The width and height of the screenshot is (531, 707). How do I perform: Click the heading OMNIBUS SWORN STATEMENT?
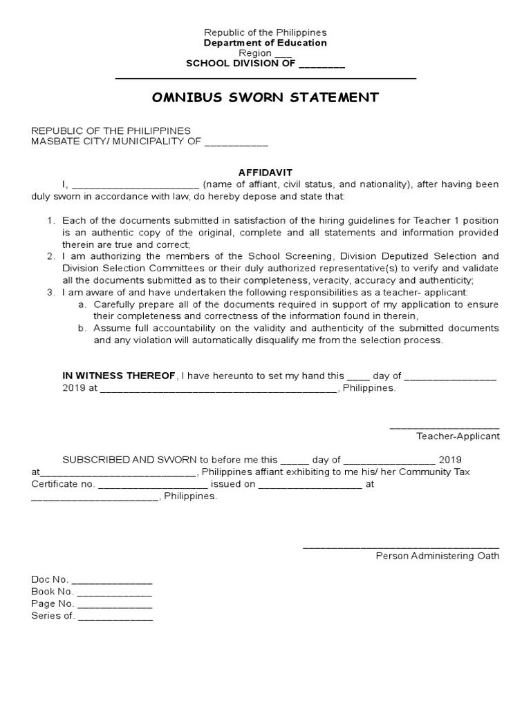click(x=265, y=97)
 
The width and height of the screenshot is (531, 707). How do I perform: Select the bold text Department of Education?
click(x=265, y=43)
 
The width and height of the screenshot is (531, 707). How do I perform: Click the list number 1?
click(x=50, y=220)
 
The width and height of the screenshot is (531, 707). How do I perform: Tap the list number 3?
click(x=50, y=292)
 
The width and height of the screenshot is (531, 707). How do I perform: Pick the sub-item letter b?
click(x=82, y=328)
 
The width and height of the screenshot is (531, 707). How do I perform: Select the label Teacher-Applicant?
click(x=457, y=436)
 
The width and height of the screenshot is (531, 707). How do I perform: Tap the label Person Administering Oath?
click(x=437, y=556)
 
